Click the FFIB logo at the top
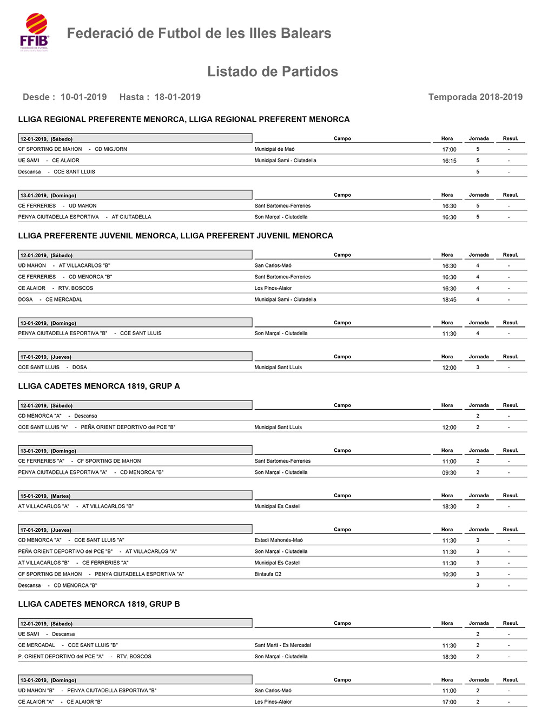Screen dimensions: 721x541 (35, 32)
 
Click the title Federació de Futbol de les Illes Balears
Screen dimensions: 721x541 (199, 34)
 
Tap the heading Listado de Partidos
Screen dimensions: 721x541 (272, 71)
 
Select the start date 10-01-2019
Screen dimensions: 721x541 (83, 97)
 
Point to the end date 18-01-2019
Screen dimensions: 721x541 (177, 97)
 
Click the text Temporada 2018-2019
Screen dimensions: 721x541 (475, 97)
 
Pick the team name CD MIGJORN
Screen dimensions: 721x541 (111, 149)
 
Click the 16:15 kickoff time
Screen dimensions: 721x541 (449, 161)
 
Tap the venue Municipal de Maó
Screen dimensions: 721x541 (274, 149)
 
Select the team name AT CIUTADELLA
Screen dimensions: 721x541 (131, 217)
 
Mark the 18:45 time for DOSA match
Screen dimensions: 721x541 (449, 300)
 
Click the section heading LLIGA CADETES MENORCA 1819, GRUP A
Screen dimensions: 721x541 (99, 386)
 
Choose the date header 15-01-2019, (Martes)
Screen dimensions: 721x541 (45, 496)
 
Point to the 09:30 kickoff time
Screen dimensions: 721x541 (449, 473)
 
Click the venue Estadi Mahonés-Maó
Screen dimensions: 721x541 (279, 540)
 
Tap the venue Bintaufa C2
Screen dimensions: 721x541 (268, 575)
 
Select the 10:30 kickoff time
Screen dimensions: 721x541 (449, 575)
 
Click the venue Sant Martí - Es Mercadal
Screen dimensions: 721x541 (282, 645)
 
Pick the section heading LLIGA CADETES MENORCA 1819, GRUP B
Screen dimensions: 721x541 (99, 604)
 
